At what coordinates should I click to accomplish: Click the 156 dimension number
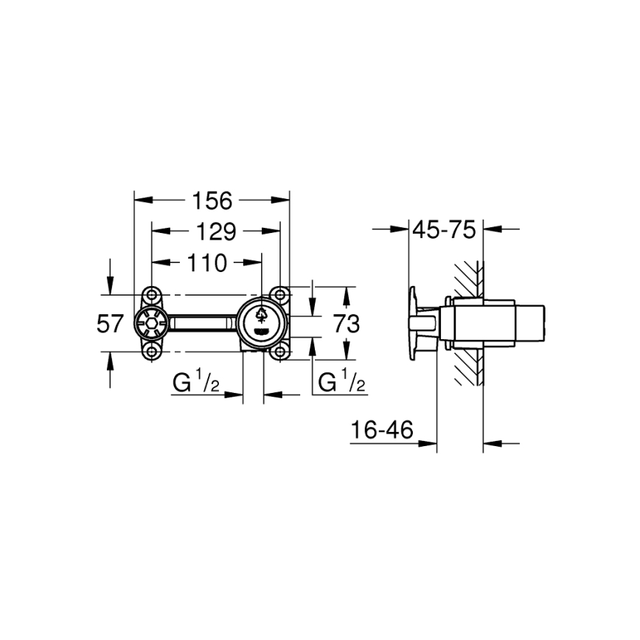(212, 200)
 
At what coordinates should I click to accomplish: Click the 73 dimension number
(346, 324)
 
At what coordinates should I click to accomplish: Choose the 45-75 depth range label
(443, 230)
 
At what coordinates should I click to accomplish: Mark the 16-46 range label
(381, 431)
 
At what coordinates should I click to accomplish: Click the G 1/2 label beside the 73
(340, 383)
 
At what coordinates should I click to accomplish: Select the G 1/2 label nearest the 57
(196, 383)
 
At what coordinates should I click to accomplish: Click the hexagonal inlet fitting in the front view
(150, 323)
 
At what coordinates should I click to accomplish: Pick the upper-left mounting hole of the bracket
(152, 294)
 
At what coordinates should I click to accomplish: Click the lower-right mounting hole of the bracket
(279, 352)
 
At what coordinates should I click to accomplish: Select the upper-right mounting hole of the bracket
(279, 294)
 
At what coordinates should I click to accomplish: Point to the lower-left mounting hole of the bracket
(152, 352)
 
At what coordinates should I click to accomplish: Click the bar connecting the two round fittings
(201, 323)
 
